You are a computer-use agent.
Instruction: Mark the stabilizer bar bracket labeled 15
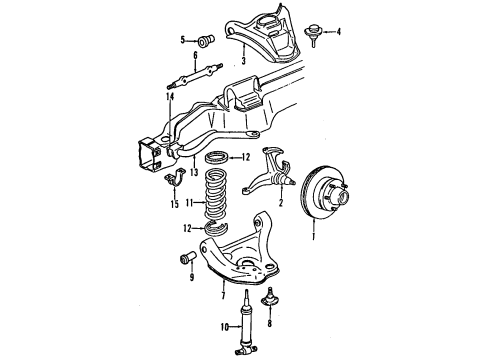169,184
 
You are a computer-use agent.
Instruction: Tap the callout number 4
338,32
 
